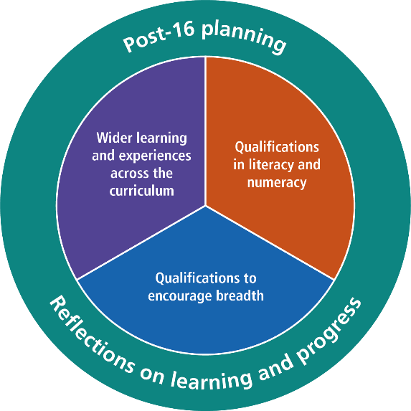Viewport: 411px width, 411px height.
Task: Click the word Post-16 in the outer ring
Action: (x=159, y=37)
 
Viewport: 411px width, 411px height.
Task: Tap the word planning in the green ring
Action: (x=244, y=37)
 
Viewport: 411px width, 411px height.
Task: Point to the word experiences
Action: (x=155, y=156)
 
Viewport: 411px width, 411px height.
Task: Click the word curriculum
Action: (x=142, y=191)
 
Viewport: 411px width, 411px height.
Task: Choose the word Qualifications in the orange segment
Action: (x=277, y=147)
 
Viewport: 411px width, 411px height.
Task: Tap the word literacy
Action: (x=272, y=165)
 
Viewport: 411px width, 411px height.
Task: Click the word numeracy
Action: (x=277, y=183)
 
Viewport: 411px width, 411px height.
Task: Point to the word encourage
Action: (x=180, y=296)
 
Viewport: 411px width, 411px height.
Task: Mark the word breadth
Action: (x=240, y=296)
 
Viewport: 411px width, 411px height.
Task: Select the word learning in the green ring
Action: (x=212, y=380)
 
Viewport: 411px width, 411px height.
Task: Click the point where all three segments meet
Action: (x=205, y=206)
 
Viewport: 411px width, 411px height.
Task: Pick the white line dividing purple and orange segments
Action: (x=205, y=131)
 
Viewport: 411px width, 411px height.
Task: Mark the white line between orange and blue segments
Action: (x=270, y=242)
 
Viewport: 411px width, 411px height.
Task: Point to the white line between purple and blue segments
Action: (x=141, y=242)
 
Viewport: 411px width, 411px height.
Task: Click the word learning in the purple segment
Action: (x=161, y=138)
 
